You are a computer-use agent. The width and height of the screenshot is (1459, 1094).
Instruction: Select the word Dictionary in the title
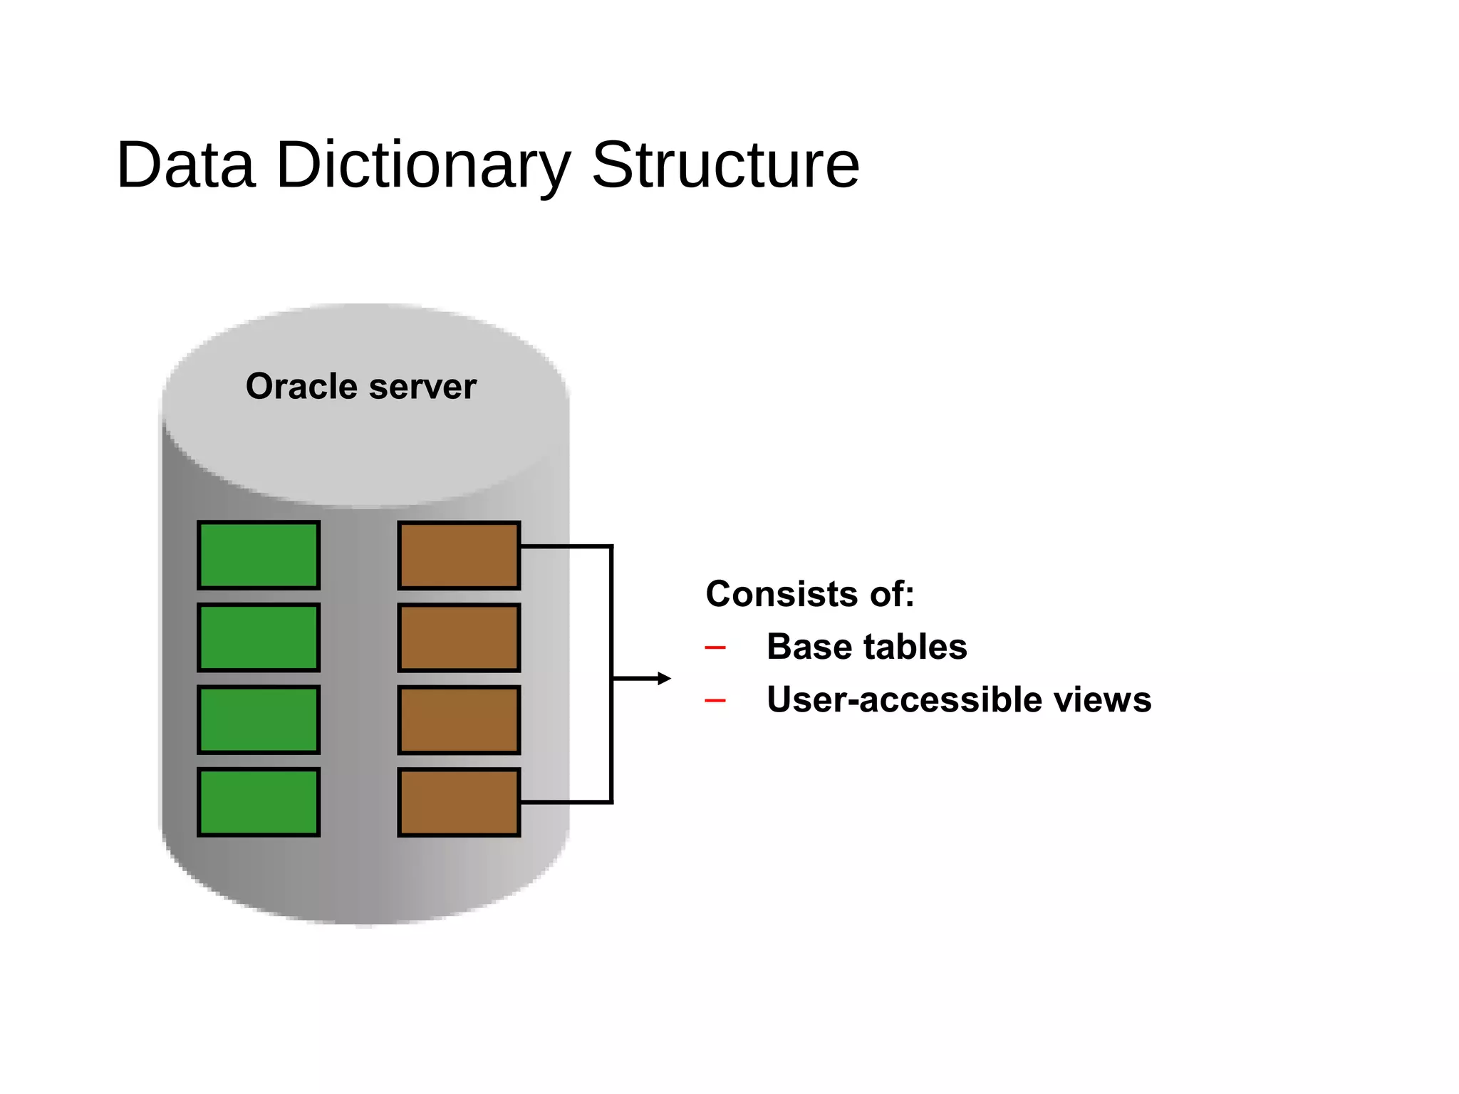click(423, 165)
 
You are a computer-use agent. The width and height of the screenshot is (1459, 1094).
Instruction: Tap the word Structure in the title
click(725, 165)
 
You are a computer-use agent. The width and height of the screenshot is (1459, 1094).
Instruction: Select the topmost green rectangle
click(259, 556)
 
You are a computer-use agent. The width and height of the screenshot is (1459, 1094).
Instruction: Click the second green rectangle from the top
click(259, 637)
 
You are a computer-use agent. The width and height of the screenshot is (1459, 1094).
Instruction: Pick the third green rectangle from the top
click(259, 719)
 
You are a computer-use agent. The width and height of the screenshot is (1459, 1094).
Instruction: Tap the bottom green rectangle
click(259, 802)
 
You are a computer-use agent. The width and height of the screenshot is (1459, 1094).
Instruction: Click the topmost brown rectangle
click(459, 556)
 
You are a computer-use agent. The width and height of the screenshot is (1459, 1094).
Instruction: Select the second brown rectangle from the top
click(459, 637)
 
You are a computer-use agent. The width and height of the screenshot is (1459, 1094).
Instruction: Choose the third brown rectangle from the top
click(459, 719)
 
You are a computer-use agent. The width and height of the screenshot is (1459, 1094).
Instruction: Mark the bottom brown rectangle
click(459, 802)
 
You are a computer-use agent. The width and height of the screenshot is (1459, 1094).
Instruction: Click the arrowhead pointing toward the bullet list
click(664, 679)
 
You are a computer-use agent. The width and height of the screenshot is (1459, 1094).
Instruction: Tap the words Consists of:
click(809, 594)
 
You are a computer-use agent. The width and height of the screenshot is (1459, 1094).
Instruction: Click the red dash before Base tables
click(715, 648)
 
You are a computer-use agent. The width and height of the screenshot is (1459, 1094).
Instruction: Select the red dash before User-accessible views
click(715, 702)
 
